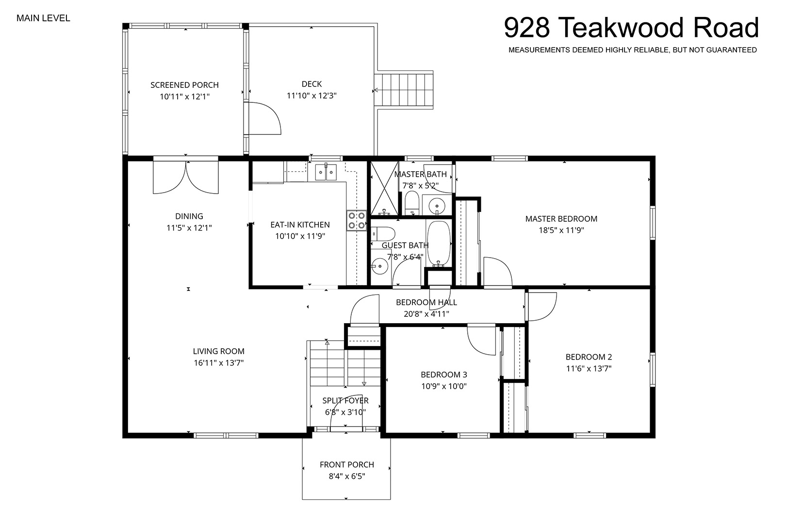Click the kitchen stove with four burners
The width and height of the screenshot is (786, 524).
pos(357,220)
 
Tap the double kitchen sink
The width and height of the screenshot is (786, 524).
pos(326,172)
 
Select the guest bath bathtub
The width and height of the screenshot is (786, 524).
pos(439,243)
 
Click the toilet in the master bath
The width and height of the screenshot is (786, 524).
pos(411,202)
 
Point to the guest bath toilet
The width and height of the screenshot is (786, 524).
pos(383,233)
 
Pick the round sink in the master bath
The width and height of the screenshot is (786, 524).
pos(437,204)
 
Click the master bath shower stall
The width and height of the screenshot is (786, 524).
pos(385,188)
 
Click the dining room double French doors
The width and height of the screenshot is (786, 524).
pos(186,177)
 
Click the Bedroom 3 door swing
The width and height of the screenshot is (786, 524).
pos(481,340)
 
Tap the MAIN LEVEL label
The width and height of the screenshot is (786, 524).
pos(43,18)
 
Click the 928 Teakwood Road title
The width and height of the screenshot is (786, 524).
pos(631,28)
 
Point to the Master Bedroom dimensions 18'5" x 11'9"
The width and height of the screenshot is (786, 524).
pos(561,230)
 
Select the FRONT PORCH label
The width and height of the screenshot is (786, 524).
pos(347,465)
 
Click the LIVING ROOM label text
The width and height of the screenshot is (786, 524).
pos(219,351)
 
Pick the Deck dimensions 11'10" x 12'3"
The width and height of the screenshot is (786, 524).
pos(311,96)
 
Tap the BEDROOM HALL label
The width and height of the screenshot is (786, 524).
pos(426,302)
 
